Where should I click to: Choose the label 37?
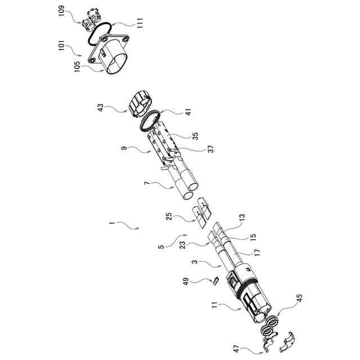click(196, 149)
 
